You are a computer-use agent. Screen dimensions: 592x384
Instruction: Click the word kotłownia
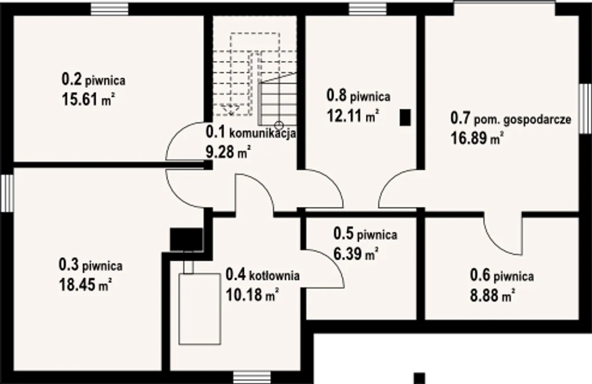274,276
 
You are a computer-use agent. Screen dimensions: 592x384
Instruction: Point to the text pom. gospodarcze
523,120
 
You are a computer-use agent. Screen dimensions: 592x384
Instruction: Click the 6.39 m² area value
356,254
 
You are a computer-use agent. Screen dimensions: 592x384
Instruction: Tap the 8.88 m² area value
493,296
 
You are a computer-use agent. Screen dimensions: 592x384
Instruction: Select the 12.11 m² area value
353,116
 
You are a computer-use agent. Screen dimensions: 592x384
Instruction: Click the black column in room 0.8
406,118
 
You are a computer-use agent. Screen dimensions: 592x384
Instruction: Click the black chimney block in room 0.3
186,239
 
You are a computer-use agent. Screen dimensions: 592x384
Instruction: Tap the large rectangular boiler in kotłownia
200,309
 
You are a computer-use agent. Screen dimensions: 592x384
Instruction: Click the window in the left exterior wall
7,193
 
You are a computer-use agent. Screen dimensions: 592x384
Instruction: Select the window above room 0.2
110,9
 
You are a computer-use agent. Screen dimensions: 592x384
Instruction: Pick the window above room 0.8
368,9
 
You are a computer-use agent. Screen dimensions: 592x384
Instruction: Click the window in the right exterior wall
585,109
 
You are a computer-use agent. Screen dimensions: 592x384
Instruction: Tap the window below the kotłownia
252,378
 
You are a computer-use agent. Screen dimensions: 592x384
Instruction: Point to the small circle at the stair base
279,125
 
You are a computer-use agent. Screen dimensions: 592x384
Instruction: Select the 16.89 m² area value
477,138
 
